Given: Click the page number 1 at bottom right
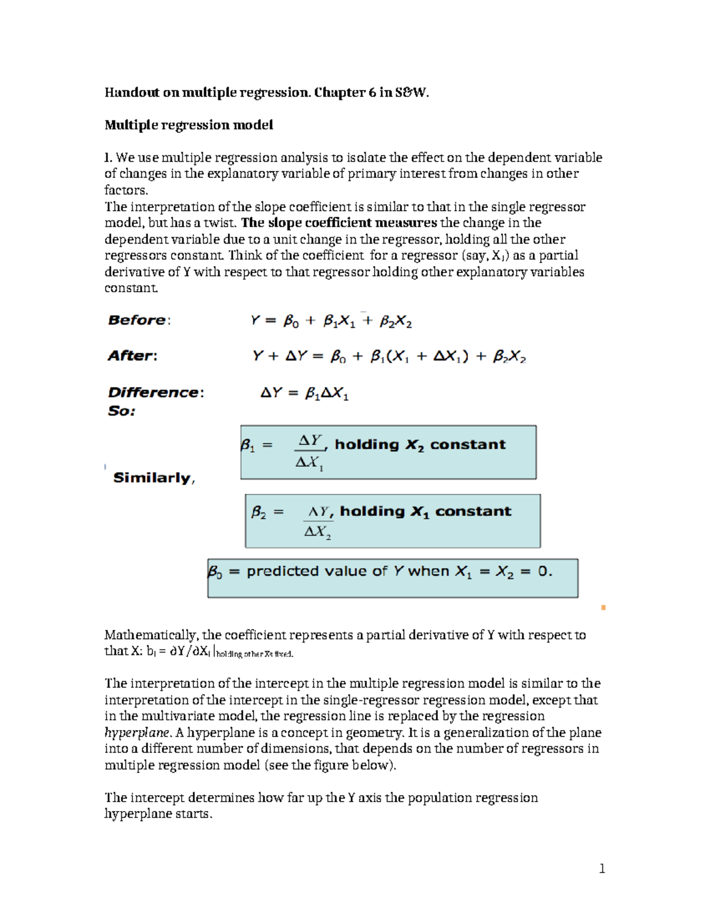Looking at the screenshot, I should pyautogui.click(x=602, y=868).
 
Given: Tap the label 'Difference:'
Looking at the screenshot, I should pyautogui.click(x=156, y=392).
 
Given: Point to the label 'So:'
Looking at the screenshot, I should pyautogui.click(x=121, y=411).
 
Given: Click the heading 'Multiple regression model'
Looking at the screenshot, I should pyautogui.click(x=189, y=125).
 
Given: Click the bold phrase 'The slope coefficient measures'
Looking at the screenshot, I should pyautogui.click(x=339, y=223).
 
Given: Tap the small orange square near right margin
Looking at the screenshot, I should pyautogui.click(x=603, y=607).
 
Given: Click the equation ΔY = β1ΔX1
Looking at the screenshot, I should pyautogui.click(x=304, y=393).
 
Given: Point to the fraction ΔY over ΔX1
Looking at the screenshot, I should pyautogui.click(x=309, y=452).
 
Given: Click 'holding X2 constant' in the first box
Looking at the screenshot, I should pyautogui.click(x=420, y=445).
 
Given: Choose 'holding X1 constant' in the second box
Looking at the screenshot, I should pyautogui.click(x=425, y=511).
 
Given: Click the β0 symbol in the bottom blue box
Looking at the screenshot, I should pyautogui.click(x=215, y=572).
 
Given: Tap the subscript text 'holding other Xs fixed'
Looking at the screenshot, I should pyautogui.click(x=255, y=654).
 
